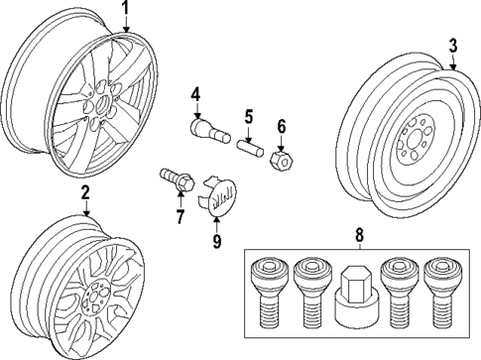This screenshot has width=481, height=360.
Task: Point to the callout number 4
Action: (196, 94)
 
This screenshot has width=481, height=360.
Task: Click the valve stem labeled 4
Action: (204, 129)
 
